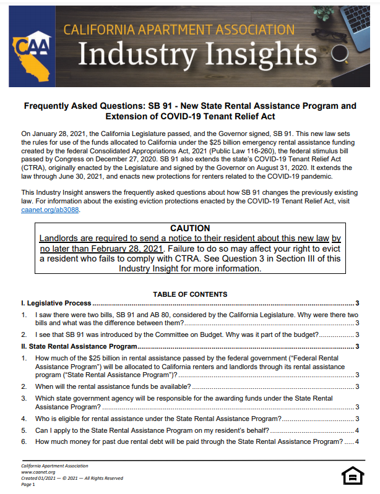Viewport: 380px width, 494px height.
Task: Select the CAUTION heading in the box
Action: [190, 229]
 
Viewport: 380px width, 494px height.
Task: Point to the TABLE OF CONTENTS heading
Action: [190, 294]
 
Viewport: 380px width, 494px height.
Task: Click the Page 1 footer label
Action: [28, 484]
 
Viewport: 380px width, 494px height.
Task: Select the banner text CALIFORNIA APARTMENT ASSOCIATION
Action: [179, 28]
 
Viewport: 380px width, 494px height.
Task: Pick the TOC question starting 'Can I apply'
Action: [151, 430]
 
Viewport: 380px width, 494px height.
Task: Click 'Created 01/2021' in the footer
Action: [40, 478]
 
